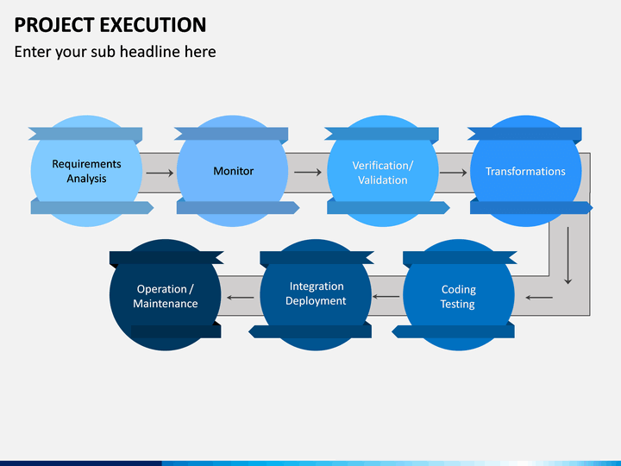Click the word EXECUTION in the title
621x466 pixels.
(153, 25)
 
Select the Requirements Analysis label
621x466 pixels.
(86, 171)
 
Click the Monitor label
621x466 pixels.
(233, 171)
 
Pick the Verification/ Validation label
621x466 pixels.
(383, 173)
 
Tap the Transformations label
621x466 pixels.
(525, 171)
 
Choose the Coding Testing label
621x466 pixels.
(458, 296)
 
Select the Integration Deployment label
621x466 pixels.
(316, 293)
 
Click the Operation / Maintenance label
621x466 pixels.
(165, 296)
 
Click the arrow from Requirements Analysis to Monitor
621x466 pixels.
(160, 173)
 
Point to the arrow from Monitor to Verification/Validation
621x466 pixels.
(308, 172)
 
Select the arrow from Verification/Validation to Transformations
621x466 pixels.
(453, 173)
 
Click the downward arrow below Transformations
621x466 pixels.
(568, 255)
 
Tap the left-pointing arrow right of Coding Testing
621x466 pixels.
(539, 297)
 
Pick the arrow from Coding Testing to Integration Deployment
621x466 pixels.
(386, 296)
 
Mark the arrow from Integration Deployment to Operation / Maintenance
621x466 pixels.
(241, 298)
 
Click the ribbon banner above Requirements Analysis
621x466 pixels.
(85, 134)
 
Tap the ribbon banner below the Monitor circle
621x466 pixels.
(238, 208)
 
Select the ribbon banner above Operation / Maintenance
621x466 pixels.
(166, 257)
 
